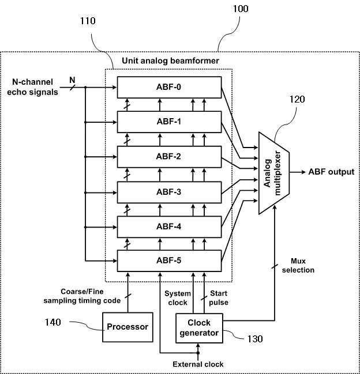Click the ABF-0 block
(x=169, y=87)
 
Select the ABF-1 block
(x=169, y=122)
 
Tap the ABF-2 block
(x=169, y=157)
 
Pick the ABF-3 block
(x=169, y=192)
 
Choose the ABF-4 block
(x=169, y=226)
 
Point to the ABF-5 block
(x=169, y=260)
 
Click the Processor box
(x=127, y=327)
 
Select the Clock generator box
(x=200, y=328)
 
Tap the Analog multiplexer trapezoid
(x=274, y=173)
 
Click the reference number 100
(x=241, y=9)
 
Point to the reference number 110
(x=88, y=21)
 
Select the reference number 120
(x=297, y=99)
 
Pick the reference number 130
(x=255, y=339)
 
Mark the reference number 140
(x=52, y=322)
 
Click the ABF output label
(x=331, y=172)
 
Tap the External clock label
(x=198, y=364)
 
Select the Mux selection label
(x=298, y=266)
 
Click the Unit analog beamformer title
(x=170, y=61)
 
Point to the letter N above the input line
(x=72, y=80)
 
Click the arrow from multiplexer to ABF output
(x=298, y=172)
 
